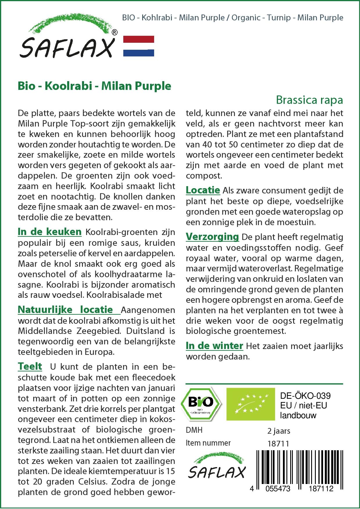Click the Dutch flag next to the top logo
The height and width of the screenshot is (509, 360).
[139, 46]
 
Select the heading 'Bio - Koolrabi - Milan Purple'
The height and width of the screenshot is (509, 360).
[95, 86]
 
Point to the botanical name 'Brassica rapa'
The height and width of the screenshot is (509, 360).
[309, 100]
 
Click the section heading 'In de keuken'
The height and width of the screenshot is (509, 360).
[50, 232]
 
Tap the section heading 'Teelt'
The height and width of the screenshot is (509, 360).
[30, 366]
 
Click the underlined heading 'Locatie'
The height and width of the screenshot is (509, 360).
[203, 190]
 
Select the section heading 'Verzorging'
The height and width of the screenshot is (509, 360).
[212, 237]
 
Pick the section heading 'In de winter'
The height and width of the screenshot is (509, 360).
[215, 346]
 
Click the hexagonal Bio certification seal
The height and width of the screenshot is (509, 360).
[201, 404]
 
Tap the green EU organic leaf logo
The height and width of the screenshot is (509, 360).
[251, 404]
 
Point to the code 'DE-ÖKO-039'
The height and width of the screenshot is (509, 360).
[305, 396]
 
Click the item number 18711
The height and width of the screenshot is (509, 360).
[278, 444]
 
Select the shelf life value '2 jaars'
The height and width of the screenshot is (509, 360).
[279, 431]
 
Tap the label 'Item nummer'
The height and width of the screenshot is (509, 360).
[208, 443]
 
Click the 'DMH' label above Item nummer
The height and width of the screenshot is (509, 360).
[194, 430]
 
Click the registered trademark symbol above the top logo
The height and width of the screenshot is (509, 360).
[115, 33]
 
